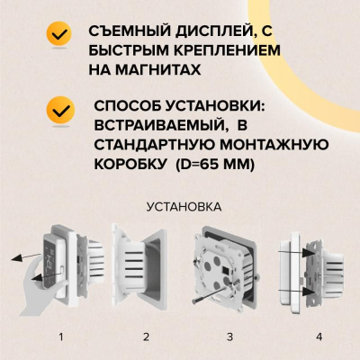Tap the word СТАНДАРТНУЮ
148,146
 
